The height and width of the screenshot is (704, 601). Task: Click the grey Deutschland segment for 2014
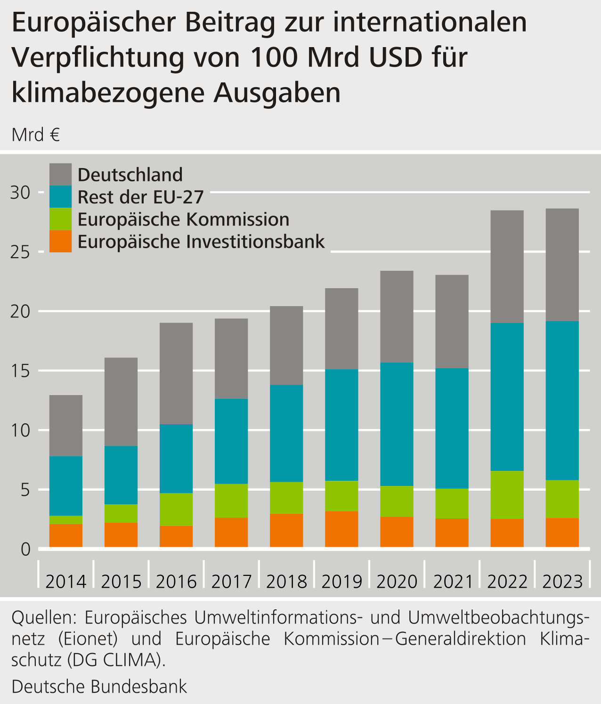tap(66, 425)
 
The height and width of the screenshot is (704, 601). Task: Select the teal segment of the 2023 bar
tap(562, 400)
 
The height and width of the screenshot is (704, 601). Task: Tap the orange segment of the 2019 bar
tap(341, 529)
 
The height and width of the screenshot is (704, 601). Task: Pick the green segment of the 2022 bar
tap(507, 494)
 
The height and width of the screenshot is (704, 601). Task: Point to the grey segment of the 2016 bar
tap(176, 373)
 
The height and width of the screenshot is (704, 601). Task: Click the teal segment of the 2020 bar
tap(397, 424)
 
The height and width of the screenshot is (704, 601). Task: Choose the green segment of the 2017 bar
tap(231, 501)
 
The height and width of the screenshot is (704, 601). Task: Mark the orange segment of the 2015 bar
tap(121, 534)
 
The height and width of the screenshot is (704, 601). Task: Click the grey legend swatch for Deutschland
tap(61, 174)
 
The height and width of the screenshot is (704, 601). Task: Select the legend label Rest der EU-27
tap(140, 197)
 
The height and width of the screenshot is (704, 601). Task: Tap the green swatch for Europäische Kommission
tap(61, 219)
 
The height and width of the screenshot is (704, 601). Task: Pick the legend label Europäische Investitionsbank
tap(201, 242)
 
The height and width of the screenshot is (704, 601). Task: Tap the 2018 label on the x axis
tap(286, 582)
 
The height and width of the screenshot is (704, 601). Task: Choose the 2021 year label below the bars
tap(452, 582)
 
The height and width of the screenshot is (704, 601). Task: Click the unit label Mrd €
tap(36, 135)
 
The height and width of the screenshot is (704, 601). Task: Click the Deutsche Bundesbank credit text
tap(99, 686)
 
